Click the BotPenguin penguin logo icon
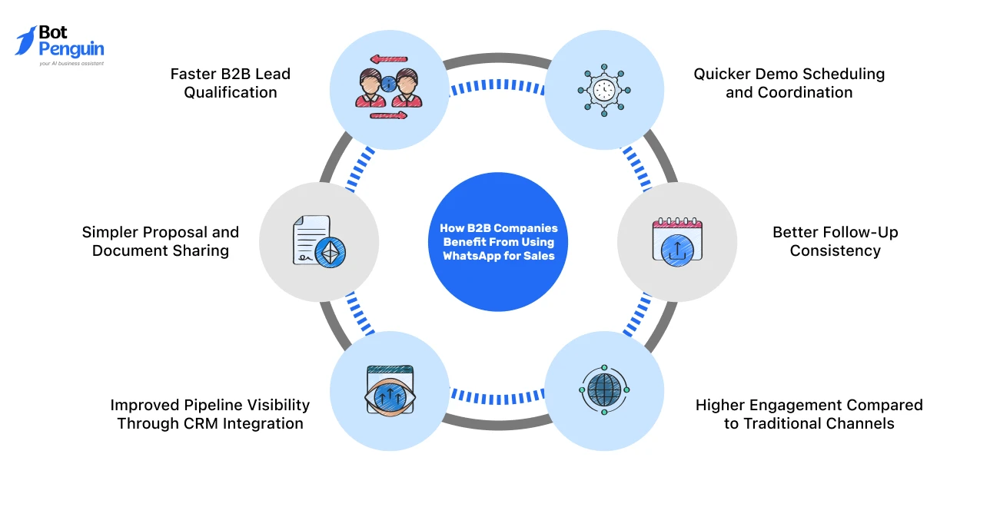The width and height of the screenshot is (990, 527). (25, 41)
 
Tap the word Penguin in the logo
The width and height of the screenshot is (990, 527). (71, 49)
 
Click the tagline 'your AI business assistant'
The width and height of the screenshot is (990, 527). (71, 64)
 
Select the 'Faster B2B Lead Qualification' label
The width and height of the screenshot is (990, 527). (231, 83)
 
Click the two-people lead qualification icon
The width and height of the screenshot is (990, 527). (389, 88)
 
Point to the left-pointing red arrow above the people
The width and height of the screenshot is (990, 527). (389, 59)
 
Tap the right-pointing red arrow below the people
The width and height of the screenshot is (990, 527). (388, 116)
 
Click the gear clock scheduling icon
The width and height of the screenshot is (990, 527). (604, 90)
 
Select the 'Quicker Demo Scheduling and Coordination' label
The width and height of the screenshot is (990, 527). (789, 83)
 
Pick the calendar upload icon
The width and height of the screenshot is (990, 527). (677, 242)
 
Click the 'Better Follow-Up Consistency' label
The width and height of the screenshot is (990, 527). (836, 241)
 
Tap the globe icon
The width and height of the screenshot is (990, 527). (604, 390)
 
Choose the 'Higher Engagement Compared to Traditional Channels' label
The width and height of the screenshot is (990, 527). (809, 414)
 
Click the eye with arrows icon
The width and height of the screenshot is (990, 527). (390, 390)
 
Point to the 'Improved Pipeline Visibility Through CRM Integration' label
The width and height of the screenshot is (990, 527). (210, 414)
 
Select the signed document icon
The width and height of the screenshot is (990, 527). (319, 242)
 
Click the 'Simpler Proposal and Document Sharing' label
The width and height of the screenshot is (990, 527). (161, 241)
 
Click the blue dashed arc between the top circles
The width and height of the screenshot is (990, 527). (497, 85)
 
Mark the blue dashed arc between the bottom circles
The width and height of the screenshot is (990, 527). (497, 398)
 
